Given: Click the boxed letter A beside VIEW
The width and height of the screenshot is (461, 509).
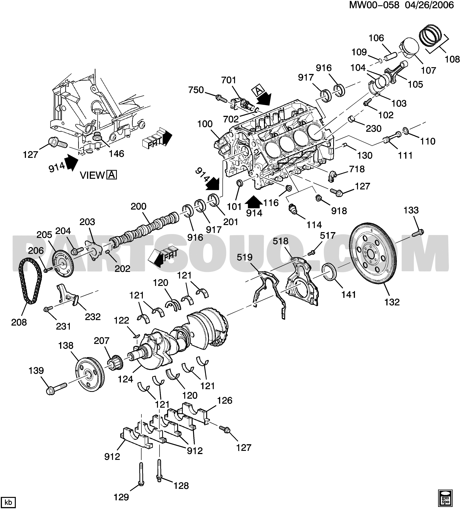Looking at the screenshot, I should pyautogui.click(x=112, y=175).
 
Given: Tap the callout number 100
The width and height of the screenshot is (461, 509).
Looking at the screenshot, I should pyautogui.click(x=205, y=124).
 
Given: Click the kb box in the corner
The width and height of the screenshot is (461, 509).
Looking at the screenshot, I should pyautogui.click(x=8, y=501).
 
